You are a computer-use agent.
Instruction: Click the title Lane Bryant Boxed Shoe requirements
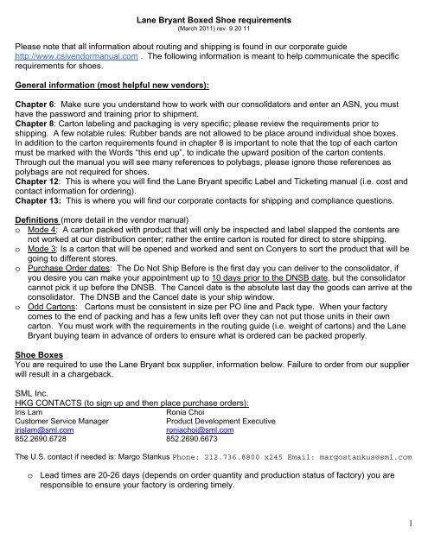tap(214, 8)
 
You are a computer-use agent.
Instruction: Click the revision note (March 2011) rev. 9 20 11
tap(214, 19)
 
